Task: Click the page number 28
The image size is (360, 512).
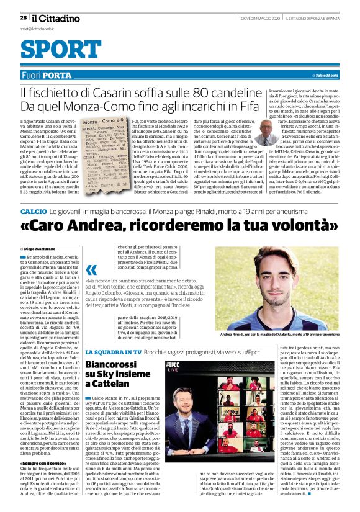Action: tap(23, 17)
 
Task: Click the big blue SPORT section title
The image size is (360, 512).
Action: tap(56, 51)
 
